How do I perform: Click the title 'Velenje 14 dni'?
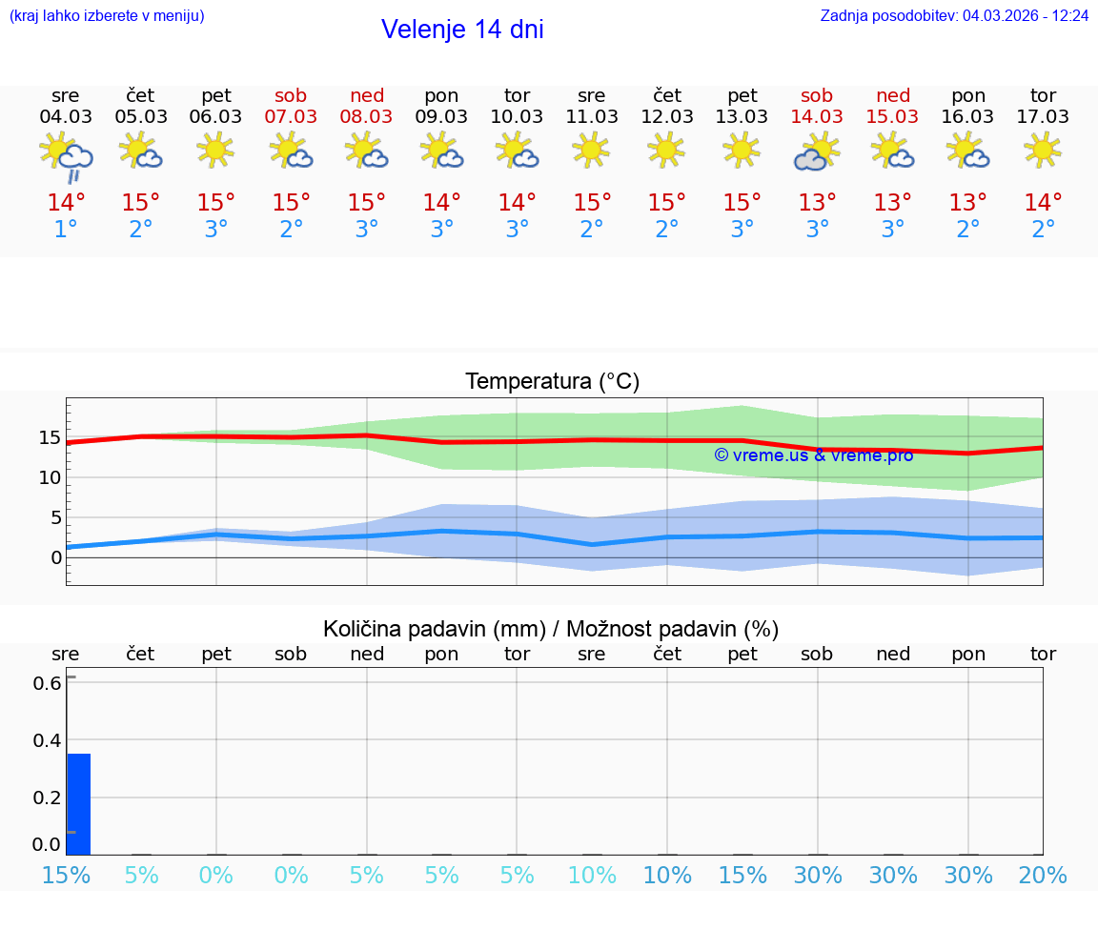pyautogui.click(x=462, y=30)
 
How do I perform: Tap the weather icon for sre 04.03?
pyautogui.click(x=65, y=156)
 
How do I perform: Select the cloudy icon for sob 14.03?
pyautogui.click(x=816, y=152)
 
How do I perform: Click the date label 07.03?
pyautogui.click(x=291, y=116)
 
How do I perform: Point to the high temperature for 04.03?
pyautogui.click(x=66, y=203)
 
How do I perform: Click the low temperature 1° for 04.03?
pyautogui.click(x=66, y=230)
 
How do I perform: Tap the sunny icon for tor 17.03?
pyautogui.click(x=1043, y=150)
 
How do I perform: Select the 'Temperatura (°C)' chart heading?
pyautogui.click(x=552, y=382)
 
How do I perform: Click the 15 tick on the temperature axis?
pyautogui.click(x=50, y=437)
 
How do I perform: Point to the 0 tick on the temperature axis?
pyautogui.click(x=56, y=557)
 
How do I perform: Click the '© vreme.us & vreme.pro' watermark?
pyautogui.click(x=813, y=455)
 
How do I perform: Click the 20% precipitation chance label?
pyautogui.click(x=1043, y=876)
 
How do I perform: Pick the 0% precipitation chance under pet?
pyautogui.click(x=216, y=876)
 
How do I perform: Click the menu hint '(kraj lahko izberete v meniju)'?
pyautogui.click(x=107, y=16)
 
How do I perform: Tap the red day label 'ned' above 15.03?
pyautogui.click(x=893, y=95)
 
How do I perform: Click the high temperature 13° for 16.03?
pyautogui.click(x=967, y=203)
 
